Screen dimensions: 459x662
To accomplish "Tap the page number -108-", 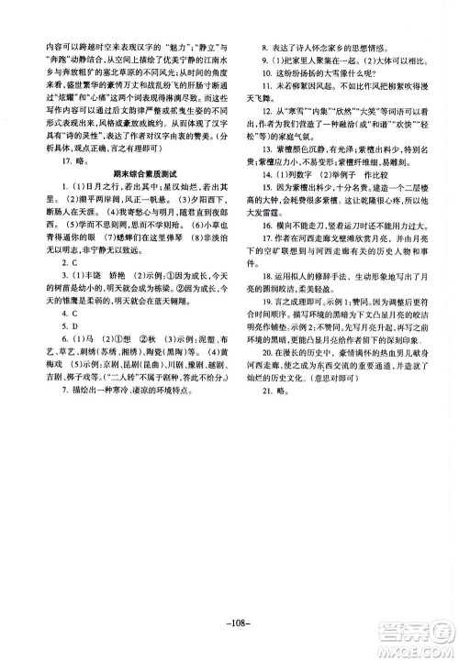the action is coord(229,603).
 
